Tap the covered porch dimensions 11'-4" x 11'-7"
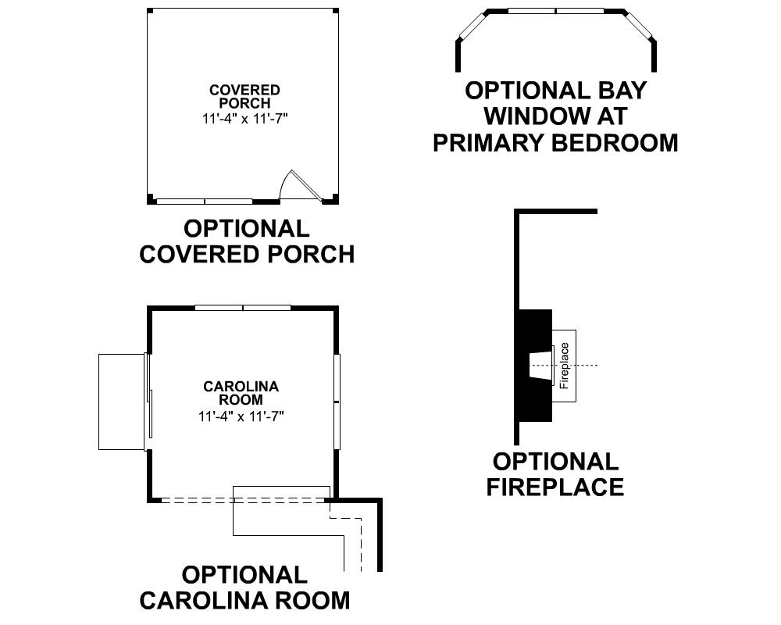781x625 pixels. (x=245, y=119)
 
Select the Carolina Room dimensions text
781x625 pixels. (x=241, y=416)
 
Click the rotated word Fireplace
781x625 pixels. (x=565, y=366)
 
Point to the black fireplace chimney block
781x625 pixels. (x=536, y=366)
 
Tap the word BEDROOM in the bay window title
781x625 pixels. (x=615, y=142)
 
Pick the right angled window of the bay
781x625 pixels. (x=639, y=25)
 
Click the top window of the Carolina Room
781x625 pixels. (x=243, y=308)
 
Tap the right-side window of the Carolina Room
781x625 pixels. (x=337, y=402)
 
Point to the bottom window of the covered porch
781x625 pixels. (x=205, y=202)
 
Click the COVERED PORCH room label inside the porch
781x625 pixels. (x=244, y=97)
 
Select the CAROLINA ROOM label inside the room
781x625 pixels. (x=241, y=393)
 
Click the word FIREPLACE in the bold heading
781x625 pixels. (x=555, y=487)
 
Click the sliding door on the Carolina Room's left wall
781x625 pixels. (x=148, y=402)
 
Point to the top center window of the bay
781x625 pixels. (x=556, y=11)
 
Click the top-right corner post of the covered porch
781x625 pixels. (x=336, y=11)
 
